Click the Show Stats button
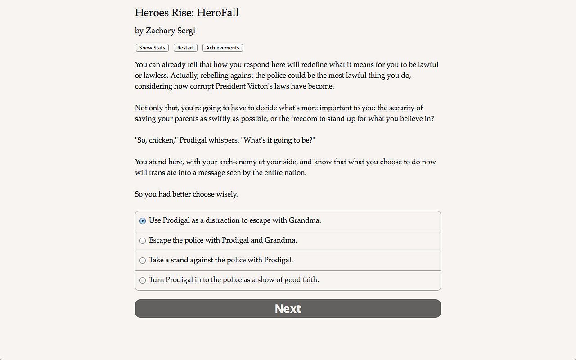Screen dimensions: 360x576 (x=152, y=48)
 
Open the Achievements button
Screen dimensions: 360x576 (x=223, y=48)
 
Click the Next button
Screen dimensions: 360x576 (x=288, y=309)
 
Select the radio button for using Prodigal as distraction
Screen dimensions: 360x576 (x=143, y=221)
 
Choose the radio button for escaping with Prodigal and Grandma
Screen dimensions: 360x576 (x=143, y=241)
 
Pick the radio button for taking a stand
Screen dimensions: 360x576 (x=143, y=261)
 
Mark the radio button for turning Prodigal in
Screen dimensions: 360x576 (x=143, y=280)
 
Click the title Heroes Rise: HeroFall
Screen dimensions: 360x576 (x=187, y=13)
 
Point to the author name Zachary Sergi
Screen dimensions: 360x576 (x=171, y=31)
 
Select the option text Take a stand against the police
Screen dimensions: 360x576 (x=221, y=260)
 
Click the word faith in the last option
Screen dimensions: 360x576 (x=310, y=280)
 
